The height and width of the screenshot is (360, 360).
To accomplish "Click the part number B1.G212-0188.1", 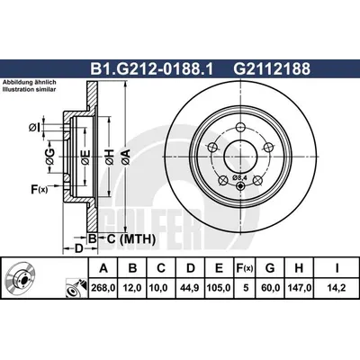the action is pyautogui.click(x=151, y=69).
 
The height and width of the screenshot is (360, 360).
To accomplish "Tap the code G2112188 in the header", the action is pyautogui.click(x=272, y=69).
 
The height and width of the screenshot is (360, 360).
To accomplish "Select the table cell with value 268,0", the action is pyautogui.click(x=103, y=288).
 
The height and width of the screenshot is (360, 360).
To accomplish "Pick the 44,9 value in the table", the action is pyautogui.click(x=191, y=288).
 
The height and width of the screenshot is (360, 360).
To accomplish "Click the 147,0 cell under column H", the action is pyautogui.click(x=299, y=288).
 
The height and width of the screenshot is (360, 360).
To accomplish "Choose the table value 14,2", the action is pyautogui.click(x=337, y=288).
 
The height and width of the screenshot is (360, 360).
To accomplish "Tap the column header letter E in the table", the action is pyautogui.click(x=220, y=268).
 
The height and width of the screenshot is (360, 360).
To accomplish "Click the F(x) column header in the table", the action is pyautogui.click(x=246, y=268).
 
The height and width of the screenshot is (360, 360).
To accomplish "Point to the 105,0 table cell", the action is pyautogui.click(x=219, y=288).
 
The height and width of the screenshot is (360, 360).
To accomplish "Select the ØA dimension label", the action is pyautogui.click(x=126, y=157).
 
